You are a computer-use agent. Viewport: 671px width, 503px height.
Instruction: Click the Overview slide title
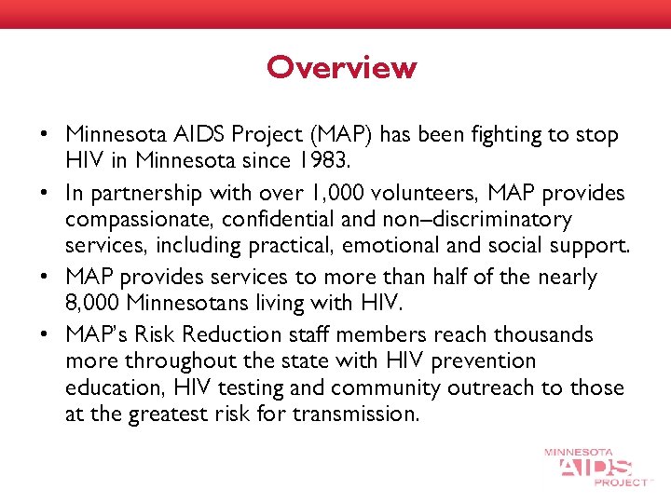point(341,68)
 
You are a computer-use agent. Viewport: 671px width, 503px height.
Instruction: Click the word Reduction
point(247,333)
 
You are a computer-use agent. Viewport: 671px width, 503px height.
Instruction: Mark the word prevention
point(482,360)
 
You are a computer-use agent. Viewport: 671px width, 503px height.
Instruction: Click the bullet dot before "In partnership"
point(45,192)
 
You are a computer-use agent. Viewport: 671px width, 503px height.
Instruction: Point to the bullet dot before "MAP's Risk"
point(45,334)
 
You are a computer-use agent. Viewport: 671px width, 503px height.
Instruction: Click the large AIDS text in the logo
point(596,467)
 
